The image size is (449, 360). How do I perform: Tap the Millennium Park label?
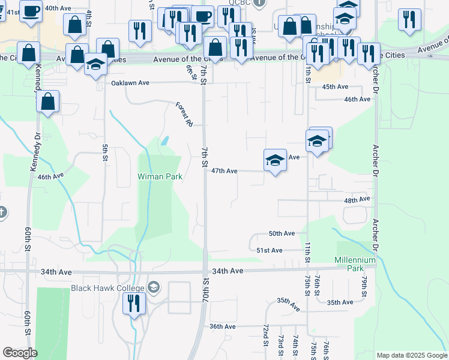[x=355, y=264]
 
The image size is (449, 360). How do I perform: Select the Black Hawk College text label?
[x=109, y=288]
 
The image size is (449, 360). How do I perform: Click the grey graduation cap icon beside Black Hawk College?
[x=154, y=287]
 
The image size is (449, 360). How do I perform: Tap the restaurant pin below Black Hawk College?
[x=134, y=303]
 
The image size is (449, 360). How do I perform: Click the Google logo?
[x=20, y=353]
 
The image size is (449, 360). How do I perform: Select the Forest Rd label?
[x=184, y=114]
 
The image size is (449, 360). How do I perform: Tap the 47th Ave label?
[x=224, y=171]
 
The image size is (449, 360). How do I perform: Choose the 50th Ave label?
[x=282, y=233]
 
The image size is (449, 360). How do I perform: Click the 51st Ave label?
[x=269, y=250]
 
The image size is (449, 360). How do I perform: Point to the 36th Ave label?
[x=222, y=326]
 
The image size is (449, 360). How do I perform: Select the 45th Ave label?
[x=335, y=87]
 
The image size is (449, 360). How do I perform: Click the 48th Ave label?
[x=356, y=199]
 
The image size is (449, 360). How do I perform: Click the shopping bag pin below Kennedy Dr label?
[x=48, y=102]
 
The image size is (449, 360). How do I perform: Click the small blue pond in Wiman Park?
[x=163, y=142]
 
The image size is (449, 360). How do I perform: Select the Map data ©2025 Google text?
[x=411, y=355]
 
